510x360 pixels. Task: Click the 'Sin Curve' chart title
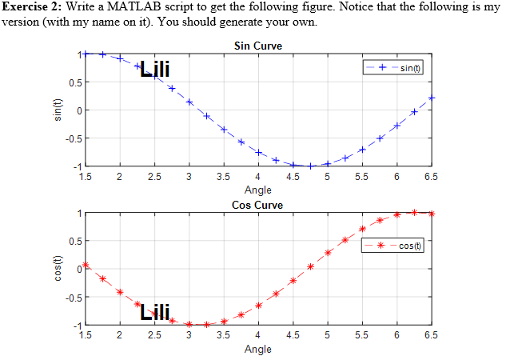[257, 45]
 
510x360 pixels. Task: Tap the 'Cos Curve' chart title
[257, 205]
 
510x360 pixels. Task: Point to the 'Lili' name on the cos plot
[153, 312]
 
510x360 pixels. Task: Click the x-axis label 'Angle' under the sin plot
[257, 190]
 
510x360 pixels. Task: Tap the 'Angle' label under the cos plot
[257, 350]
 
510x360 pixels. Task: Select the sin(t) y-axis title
[58, 110]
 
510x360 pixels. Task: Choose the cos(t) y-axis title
[58, 269]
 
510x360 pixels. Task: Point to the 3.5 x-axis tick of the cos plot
[223, 335]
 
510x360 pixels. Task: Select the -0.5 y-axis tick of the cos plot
[70, 298]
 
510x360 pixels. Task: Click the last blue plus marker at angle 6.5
[432, 98]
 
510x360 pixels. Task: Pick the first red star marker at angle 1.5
[86, 265]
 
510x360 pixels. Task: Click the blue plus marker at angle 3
[189, 102]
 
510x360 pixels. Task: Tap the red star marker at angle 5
[328, 253]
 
